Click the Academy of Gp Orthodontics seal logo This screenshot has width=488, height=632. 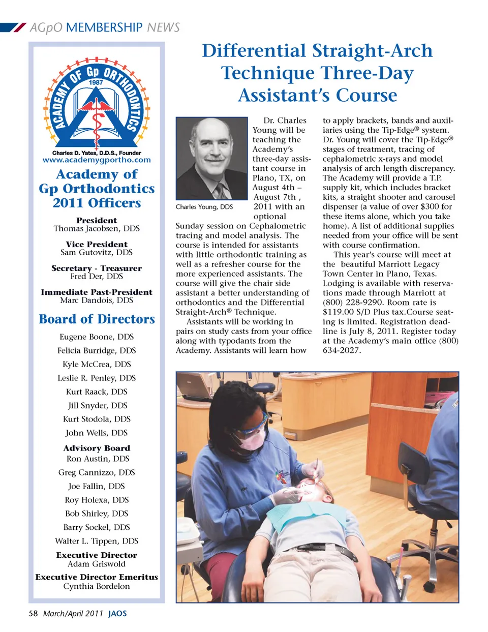97,104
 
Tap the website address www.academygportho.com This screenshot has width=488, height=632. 97,160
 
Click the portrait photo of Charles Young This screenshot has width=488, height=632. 211,158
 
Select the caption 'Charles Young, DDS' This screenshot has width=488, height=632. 204,207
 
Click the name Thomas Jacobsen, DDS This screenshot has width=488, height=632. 97,229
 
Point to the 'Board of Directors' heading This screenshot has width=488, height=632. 97,319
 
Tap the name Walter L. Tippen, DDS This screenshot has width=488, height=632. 97,541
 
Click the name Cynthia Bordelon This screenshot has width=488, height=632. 97,586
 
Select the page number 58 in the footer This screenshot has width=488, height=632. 33,614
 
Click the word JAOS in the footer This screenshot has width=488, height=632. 117,614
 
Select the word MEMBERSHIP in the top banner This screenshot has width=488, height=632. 104,27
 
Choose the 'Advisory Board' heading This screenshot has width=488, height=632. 97,448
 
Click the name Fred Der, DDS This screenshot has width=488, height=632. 97,277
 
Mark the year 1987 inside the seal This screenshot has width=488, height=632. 96,83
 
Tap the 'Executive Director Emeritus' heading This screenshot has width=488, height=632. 97,577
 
